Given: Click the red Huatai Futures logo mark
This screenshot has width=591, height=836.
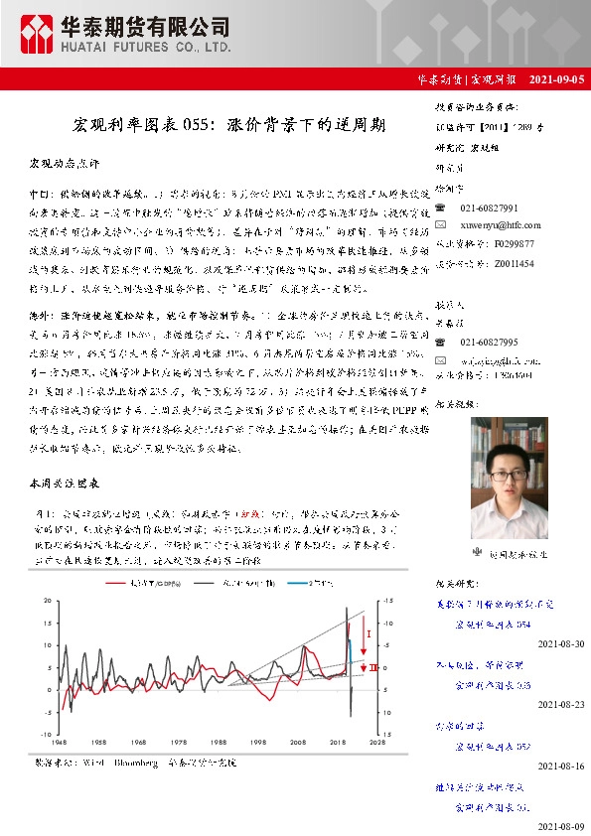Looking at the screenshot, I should click(38, 34).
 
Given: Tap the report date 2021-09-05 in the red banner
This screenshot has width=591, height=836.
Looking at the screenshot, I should click(555, 78).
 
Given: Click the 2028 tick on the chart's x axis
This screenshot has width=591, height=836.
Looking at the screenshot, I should click(377, 741).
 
